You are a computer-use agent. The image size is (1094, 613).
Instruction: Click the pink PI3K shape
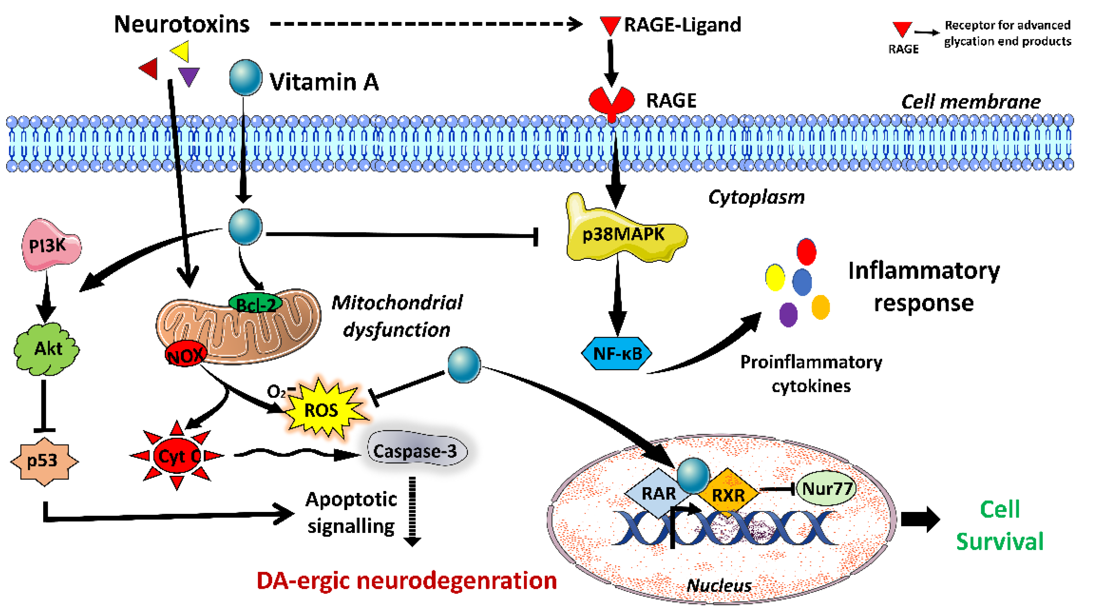[x=50, y=245]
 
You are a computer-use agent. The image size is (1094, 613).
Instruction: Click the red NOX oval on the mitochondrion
[x=186, y=354]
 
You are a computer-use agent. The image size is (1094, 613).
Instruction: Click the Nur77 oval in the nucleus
[x=827, y=488]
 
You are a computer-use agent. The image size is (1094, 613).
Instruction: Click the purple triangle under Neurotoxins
[x=188, y=76]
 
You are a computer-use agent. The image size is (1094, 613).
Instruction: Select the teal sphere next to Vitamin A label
[x=246, y=78]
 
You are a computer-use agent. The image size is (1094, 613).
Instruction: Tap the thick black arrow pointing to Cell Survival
[x=920, y=519]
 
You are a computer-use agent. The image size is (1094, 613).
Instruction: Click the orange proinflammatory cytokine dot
[x=820, y=307]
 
